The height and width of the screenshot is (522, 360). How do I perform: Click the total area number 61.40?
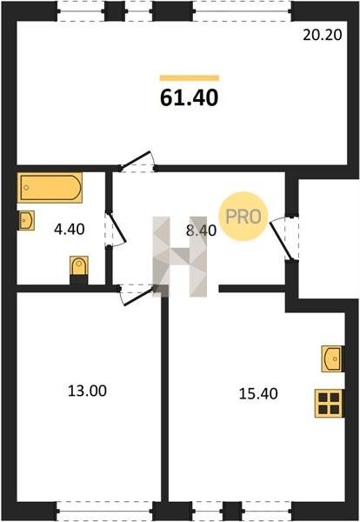click(189, 97)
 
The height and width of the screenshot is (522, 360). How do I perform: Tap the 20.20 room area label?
click(322, 35)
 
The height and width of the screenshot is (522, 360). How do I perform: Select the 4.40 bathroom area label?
click(70, 230)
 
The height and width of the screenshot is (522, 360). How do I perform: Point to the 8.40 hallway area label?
click(201, 230)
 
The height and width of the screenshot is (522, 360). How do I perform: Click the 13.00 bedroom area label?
click(87, 391)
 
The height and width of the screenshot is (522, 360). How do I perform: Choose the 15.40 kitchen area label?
click(258, 394)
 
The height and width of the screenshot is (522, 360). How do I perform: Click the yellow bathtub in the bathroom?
click(50, 188)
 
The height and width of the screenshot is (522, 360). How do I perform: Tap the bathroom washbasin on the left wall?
click(26, 220)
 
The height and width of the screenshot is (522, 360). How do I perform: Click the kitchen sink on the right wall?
click(332, 358)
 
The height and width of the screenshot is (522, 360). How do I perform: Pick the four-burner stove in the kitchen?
click(329, 403)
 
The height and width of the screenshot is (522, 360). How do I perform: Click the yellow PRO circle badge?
click(243, 217)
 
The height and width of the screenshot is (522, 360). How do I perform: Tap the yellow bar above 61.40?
click(190, 78)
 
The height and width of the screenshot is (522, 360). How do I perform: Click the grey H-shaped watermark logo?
click(180, 257)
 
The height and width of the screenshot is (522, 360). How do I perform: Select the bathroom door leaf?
click(117, 226)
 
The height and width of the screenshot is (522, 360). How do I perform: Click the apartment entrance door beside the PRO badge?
click(281, 240)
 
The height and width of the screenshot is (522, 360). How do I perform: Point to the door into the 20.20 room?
click(135, 160)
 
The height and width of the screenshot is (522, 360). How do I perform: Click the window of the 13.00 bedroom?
click(105, 511)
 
